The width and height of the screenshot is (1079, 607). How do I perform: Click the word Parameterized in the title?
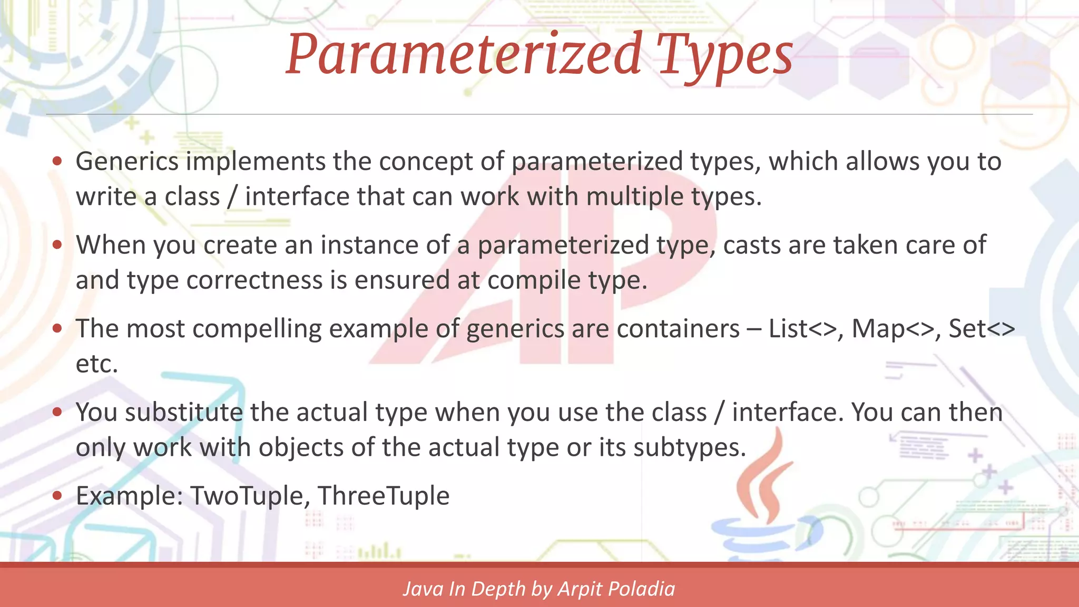pos(464,54)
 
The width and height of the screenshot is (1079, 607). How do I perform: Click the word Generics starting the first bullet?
pos(127,161)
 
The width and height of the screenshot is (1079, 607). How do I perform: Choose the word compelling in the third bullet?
pos(257,329)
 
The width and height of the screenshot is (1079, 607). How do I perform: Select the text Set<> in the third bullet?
pos(982,329)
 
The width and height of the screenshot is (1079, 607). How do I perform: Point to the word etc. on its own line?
pos(96,364)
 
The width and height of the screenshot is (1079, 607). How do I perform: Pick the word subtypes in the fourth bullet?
pos(689,447)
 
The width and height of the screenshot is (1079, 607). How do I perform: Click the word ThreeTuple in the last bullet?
pos(384,496)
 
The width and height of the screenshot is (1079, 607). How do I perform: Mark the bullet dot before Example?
pos(57,496)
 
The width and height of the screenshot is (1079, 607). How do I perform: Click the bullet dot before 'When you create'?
pos(57,245)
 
